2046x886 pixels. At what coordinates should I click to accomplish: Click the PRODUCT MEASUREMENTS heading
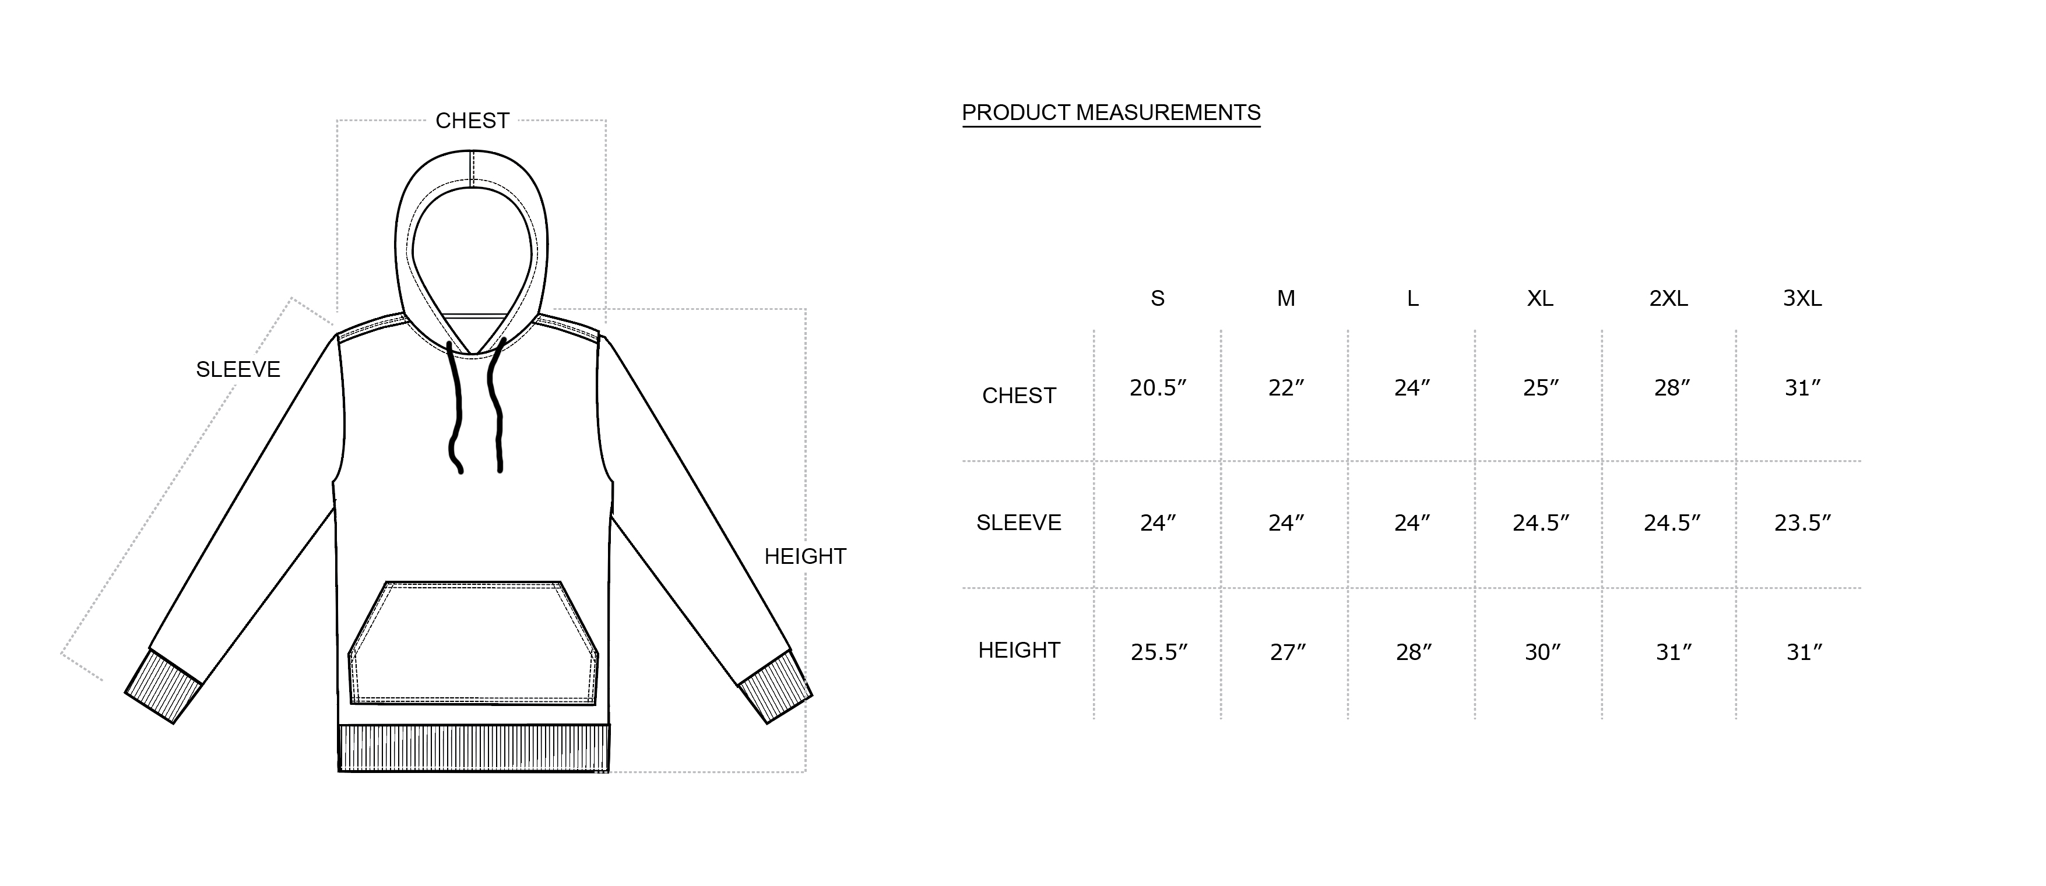coord(1111,113)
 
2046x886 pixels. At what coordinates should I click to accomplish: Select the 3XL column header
coord(1802,298)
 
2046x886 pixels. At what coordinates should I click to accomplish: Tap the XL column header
coord(1540,298)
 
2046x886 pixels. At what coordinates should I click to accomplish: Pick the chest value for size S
coord(1158,388)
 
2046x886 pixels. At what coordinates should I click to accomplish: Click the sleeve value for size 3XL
coord(1802,523)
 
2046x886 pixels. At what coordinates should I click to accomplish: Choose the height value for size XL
coord(1542,652)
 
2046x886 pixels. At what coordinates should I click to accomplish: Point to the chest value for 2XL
coord(1672,388)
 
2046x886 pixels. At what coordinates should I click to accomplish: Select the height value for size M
coord(1288,652)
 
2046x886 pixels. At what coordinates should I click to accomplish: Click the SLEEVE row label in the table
coord(1019,523)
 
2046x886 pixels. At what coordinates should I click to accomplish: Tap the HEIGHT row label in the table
coord(1019,650)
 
